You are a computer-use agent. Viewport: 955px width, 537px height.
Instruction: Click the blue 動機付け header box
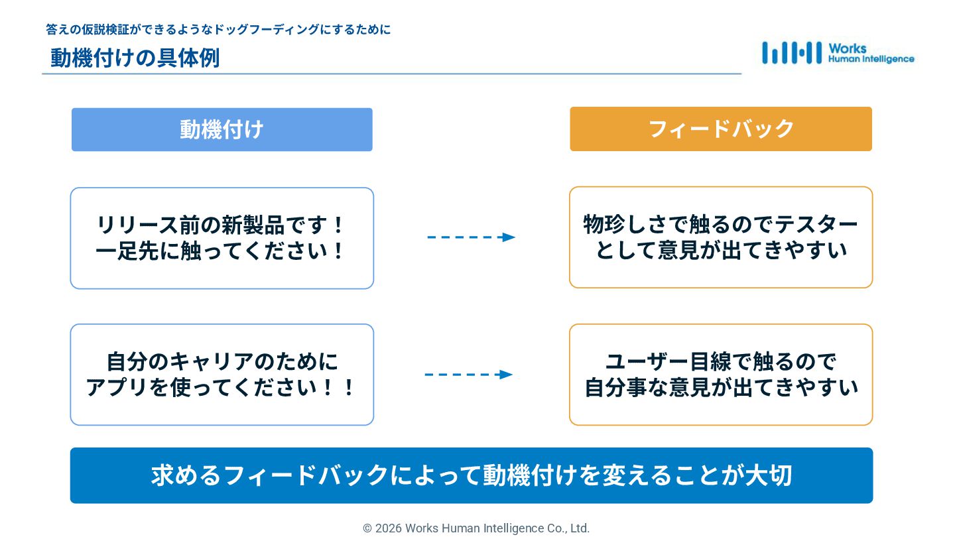coord(222,129)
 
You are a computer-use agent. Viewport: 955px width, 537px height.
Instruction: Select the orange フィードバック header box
coord(720,129)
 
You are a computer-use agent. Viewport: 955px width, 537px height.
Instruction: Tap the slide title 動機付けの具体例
coord(135,58)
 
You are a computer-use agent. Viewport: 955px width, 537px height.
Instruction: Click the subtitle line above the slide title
coord(218,30)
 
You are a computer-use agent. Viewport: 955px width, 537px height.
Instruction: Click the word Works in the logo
coord(847,48)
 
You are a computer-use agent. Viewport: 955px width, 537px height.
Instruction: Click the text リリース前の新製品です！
coord(222,225)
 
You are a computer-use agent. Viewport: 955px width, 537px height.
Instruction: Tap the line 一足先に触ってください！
coord(222,251)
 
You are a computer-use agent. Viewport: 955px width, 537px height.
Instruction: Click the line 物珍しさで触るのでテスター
coord(720,224)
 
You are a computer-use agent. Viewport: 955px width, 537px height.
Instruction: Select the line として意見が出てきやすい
coord(721,251)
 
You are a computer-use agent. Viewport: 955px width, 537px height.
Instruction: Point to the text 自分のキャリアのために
coord(222,362)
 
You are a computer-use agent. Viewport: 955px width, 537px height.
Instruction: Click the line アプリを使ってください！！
coord(222,388)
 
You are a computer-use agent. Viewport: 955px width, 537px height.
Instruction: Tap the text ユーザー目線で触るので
coord(720,362)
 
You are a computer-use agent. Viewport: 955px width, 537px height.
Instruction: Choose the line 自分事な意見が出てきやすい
coord(721,388)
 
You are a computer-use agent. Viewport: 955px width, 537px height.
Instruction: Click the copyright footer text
coord(476,528)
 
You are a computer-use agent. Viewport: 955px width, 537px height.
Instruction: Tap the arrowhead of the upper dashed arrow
coord(509,237)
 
